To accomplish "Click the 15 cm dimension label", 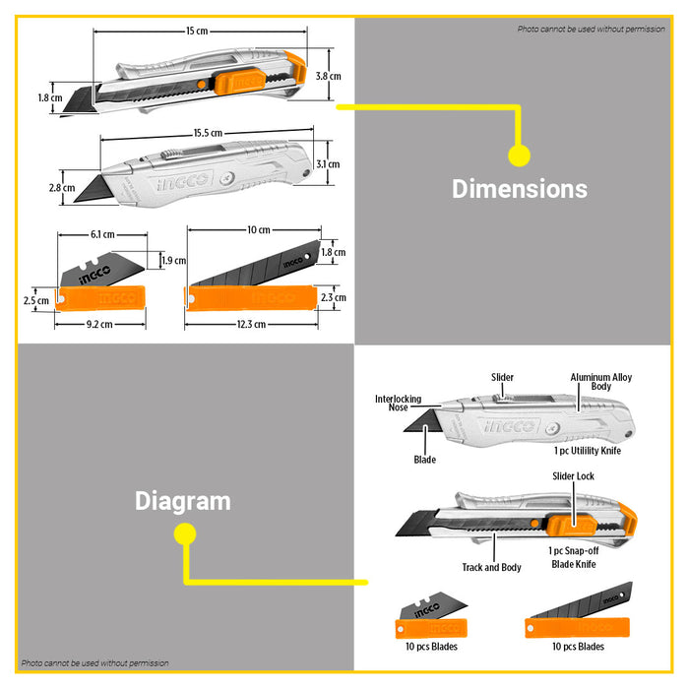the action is coord(197,31).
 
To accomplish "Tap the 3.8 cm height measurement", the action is coord(328,76).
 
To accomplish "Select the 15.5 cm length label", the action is coord(208,133).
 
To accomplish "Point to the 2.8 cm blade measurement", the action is coord(62,188).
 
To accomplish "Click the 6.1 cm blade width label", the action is coord(102,234).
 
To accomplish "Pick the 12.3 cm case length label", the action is coord(251,324).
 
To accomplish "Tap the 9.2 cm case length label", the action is coord(99,324).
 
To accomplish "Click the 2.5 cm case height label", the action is coord(36,301).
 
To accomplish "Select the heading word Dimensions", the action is coord(520,189).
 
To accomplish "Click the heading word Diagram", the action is coord(183,501).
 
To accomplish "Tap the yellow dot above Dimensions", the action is coord(519,156).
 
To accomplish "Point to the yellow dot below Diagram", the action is coord(185,533).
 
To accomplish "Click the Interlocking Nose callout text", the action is coord(398,403).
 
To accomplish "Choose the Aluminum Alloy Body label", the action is coord(601,382).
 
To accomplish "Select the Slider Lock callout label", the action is coord(573,475).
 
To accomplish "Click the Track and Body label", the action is coord(491,567).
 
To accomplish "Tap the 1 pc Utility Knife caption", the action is coord(588,451).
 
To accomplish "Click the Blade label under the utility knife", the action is coord(425,460).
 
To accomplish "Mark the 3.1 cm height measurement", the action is coord(328,164).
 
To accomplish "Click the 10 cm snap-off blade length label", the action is coord(259,229).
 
